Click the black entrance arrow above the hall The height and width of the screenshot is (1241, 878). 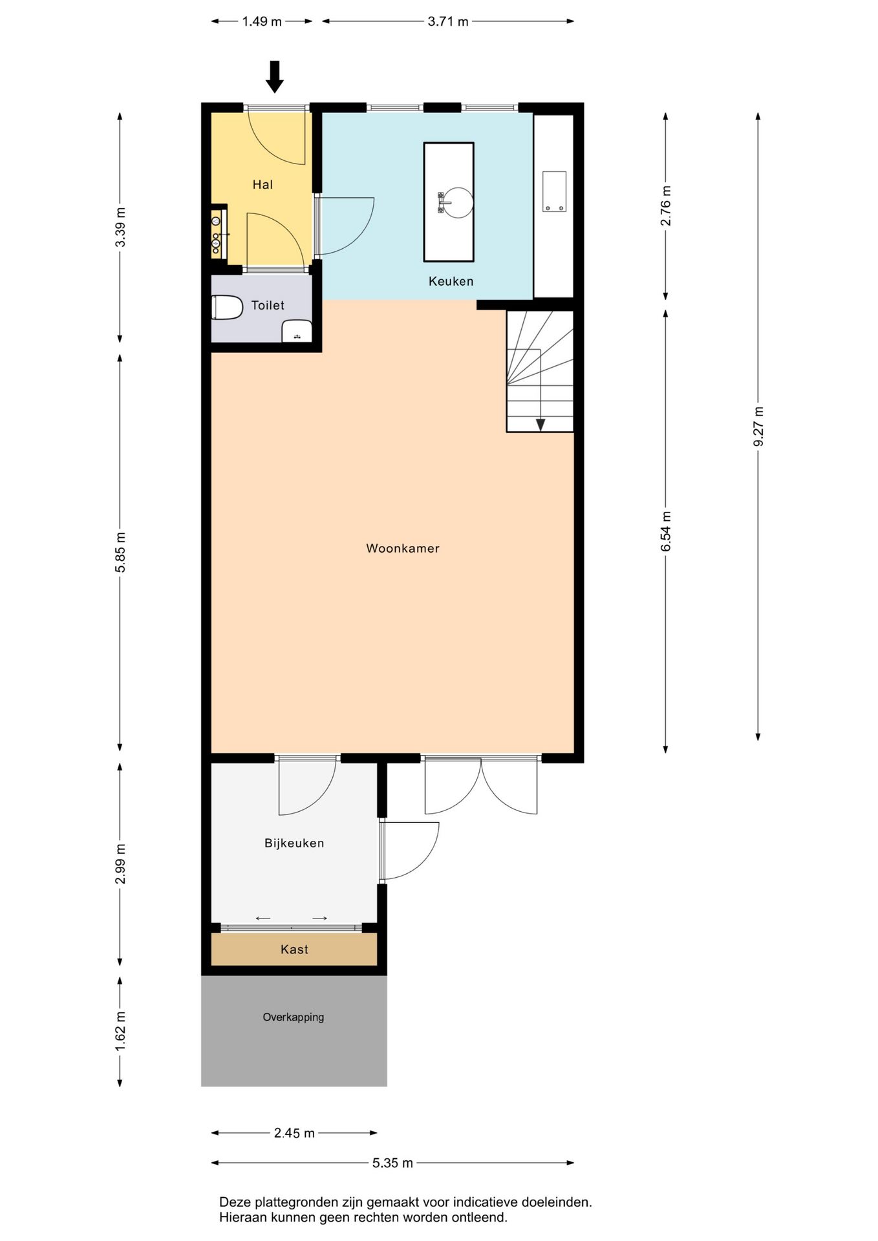(x=275, y=76)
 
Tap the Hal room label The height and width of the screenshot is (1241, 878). (x=262, y=185)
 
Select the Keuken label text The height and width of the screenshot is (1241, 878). (x=451, y=281)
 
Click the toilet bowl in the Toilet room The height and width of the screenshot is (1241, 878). (x=226, y=308)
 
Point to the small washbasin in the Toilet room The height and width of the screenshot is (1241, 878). (x=297, y=331)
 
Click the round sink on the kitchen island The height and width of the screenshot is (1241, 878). (x=457, y=202)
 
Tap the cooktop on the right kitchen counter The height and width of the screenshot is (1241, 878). (x=554, y=191)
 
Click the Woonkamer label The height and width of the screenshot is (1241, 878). (x=403, y=549)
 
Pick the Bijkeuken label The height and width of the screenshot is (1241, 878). (x=294, y=843)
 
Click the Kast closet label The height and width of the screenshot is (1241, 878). (x=294, y=949)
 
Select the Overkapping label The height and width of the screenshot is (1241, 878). (x=294, y=1017)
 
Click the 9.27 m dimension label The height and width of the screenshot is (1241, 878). (x=758, y=426)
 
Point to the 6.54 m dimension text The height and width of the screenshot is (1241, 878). (x=666, y=531)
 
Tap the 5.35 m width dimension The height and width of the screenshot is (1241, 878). (x=392, y=1163)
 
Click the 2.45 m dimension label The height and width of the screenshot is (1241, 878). (x=294, y=1133)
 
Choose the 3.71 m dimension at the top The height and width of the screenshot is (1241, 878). (x=448, y=22)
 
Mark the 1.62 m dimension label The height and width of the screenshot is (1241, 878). (x=120, y=1031)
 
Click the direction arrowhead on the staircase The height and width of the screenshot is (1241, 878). (x=541, y=425)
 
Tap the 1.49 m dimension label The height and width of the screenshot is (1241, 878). (x=262, y=22)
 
